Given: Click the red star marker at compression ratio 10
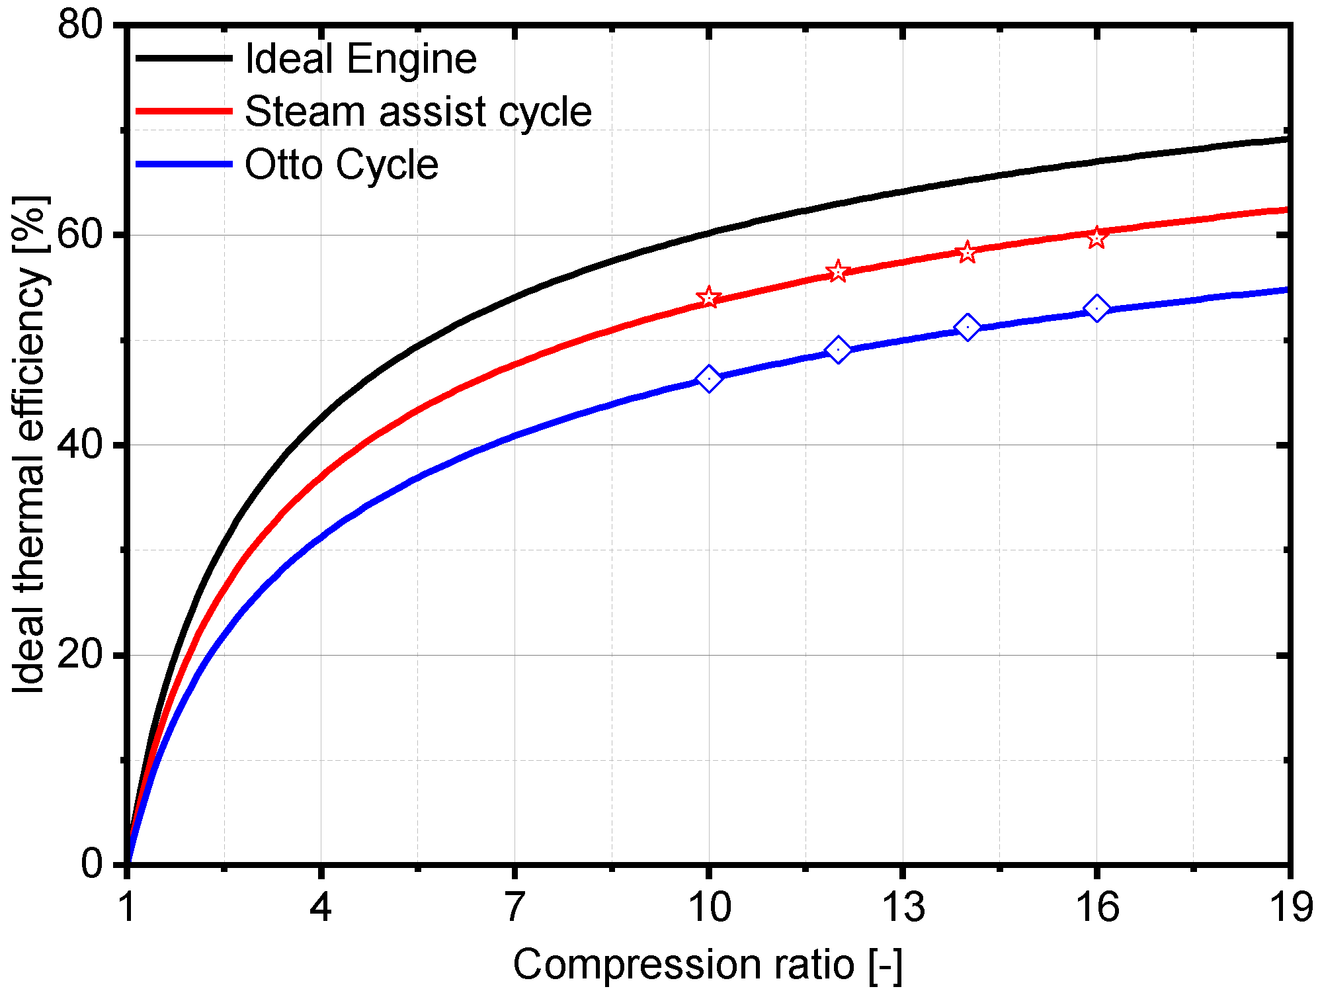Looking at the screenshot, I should [x=708, y=298].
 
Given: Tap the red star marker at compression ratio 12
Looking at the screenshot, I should [x=838, y=271].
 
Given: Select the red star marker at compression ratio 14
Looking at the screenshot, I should [x=967, y=252].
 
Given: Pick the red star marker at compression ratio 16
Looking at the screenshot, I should [x=1096, y=238].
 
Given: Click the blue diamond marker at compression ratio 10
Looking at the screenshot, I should [x=708, y=378].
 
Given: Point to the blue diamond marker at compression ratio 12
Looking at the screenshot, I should [x=838, y=349].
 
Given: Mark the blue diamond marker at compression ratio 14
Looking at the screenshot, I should [x=967, y=327].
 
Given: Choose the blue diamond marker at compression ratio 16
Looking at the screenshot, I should [x=1096, y=308].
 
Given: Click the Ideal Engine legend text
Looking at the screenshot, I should [x=360, y=59].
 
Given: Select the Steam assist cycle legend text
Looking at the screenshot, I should [x=418, y=111].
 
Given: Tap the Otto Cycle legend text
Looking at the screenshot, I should [x=341, y=164].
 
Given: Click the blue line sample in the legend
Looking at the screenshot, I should [x=184, y=163].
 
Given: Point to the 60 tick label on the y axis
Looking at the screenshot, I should [x=80, y=235].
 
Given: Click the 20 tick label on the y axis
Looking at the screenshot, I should [x=80, y=655].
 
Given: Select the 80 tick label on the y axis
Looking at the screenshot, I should [x=80, y=26].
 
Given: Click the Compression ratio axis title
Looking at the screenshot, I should [x=708, y=964].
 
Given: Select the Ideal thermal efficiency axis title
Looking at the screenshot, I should [x=30, y=445].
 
